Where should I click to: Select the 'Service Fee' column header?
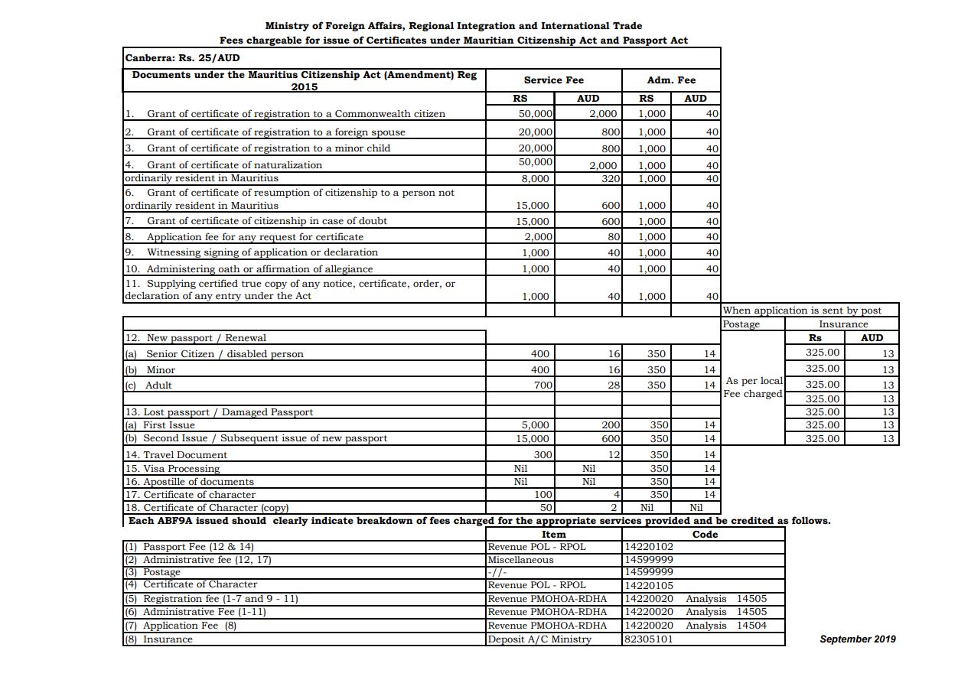(553, 80)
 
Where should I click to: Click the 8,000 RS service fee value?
(535, 179)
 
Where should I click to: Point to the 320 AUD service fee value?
(610, 179)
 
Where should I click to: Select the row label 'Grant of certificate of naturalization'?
(234, 164)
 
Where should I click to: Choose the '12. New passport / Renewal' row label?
(195, 338)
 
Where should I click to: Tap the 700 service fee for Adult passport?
(543, 385)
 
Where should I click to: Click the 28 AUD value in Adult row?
(613, 385)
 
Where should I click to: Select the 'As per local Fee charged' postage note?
(754, 387)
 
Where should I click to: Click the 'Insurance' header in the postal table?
(843, 324)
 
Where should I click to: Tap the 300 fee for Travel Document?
(543, 455)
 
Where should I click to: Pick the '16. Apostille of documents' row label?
(189, 482)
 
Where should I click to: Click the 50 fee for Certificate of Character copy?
(546, 508)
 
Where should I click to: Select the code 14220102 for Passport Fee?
(650, 547)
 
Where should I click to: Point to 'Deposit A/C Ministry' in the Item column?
(539, 639)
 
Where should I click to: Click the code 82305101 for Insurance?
(650, 639)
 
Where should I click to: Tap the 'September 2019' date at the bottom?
(857, 639)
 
